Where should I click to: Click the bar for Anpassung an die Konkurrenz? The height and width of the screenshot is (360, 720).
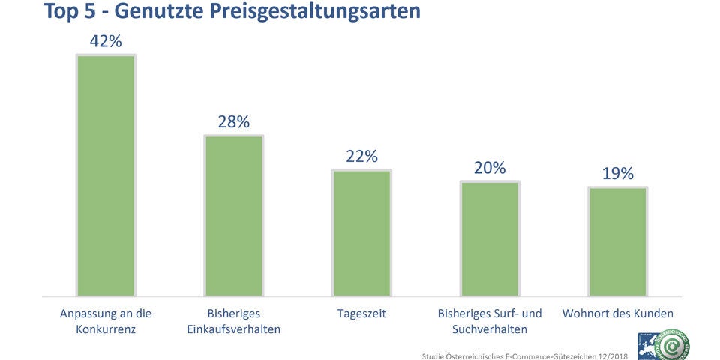[x=106, y=175]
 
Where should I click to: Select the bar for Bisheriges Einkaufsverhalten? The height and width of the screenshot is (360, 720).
[x=234, y=216]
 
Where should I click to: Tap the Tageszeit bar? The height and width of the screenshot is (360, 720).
[x=361, y=233]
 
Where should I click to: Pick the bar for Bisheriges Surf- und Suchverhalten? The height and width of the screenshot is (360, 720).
[x=490, y=239]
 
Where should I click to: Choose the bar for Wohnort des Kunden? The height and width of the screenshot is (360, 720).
[x=617, y=241]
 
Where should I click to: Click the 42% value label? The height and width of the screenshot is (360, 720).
[x=106, y=41]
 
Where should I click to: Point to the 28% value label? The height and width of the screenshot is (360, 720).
[x=234, y=121]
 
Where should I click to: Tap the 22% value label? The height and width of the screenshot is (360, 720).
[x=361, y=156]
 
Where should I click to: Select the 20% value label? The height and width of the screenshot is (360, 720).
[x=490, y=168]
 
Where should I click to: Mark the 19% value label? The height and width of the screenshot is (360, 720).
[x=617, y=174]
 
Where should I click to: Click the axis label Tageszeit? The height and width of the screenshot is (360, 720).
[x=361, y=313]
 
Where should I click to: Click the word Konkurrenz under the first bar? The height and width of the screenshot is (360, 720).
[x=106, y=329]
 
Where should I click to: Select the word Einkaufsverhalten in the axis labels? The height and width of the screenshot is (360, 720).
[x=234, y=329]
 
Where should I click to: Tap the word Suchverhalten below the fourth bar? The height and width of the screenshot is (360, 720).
[x=490, y=329]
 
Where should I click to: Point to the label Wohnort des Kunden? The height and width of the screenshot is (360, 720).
[x=617, y=313]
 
